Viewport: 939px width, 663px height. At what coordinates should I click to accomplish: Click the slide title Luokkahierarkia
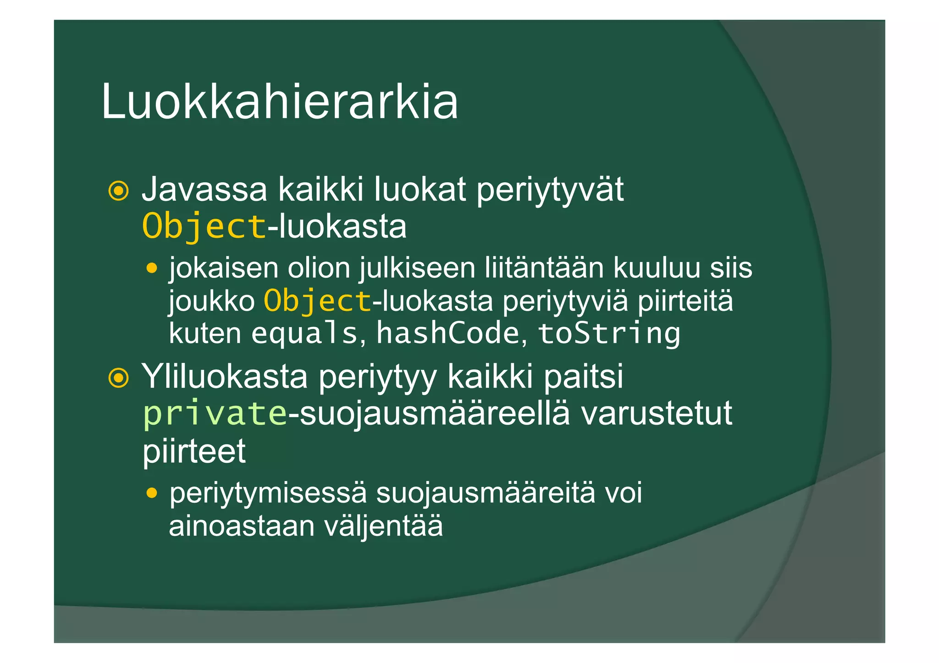pyautogui.click(x=279, y=102)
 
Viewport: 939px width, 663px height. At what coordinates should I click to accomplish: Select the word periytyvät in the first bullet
pyautogui.click(x=550, y=190)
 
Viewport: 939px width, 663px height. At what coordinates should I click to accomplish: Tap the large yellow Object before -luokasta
pyautogui.click(x=204, y=227)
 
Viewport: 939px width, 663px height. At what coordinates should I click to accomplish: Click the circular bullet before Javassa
pyautogui.click(x=118, y=191)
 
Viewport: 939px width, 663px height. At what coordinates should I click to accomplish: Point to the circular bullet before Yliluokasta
pyautogui.click(x=118, y=378)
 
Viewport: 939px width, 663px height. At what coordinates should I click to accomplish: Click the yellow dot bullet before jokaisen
pyautogui.click(x=152, y=268)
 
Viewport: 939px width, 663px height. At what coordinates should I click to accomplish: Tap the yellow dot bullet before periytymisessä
pyautogui.click(x=152, y=493)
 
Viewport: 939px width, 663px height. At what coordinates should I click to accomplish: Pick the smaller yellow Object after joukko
pyautogui.click(x=317, y=301)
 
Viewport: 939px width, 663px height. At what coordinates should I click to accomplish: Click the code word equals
pyautogui.click(x=304, y=334)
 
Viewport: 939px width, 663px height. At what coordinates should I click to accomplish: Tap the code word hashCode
pyautogui.click(x=447, y=333)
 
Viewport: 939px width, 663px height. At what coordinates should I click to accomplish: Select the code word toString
pyautogui.click(x=609, y=334)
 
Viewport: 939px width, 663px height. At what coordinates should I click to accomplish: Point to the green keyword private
pyautogui.click(x=215, y=414)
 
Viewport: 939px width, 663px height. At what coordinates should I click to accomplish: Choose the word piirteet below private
pyautogui.click(x=194, y=451)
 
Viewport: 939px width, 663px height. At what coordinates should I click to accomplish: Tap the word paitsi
pyautogui.click(x=583, y=377)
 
